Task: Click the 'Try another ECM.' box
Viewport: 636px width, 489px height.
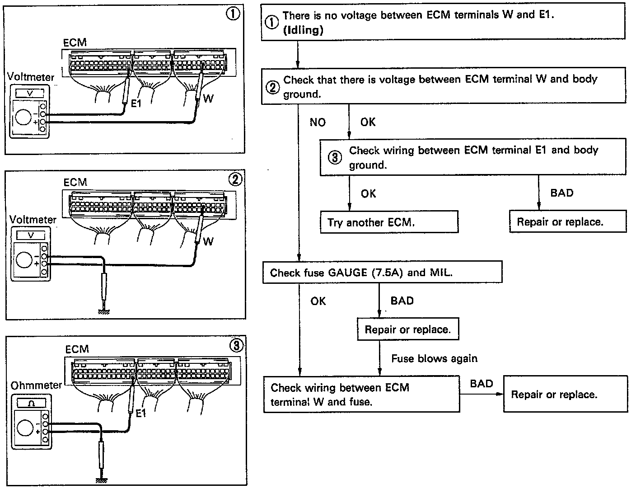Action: [x=389, y=222]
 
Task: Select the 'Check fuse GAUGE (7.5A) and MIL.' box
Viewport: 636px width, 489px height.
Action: [x=382, y=273]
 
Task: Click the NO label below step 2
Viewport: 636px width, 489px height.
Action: [x=318, y=122]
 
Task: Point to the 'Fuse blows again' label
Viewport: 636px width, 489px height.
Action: [x=434, y=358]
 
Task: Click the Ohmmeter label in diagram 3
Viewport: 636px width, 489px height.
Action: [x=36, y=386]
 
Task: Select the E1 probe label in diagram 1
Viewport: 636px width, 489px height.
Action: [x=136, y=103]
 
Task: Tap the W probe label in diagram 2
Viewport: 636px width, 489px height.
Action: [x=208, y=241]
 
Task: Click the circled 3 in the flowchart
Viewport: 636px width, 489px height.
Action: [x=334, y=158]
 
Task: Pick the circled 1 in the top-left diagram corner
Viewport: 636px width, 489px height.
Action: [x=233, y=14]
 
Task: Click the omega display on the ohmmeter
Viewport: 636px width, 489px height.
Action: [x=31, y=403]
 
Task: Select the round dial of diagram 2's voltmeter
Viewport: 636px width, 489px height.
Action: [x=23, y=260]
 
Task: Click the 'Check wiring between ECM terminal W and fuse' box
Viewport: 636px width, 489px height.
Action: [x=361, y=395]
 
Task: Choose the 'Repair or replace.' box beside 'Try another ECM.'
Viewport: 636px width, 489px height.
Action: [x=568, y=221]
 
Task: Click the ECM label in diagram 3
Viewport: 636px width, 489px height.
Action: [x=77, y=349]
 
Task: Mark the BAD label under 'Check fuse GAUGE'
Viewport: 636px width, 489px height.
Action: [x=402, y=301]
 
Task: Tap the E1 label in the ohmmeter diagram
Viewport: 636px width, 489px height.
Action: [x=141, y=413]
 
